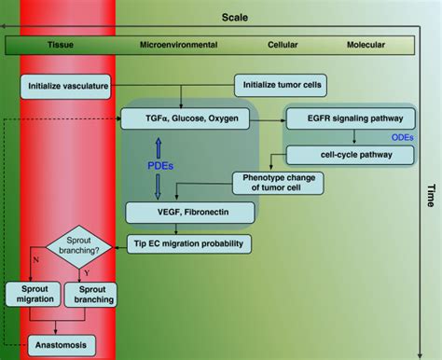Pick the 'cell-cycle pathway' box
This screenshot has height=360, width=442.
click(337, 155)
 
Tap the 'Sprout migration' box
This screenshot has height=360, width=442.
click(29, 292)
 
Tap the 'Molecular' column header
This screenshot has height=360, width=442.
click(366, 44)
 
